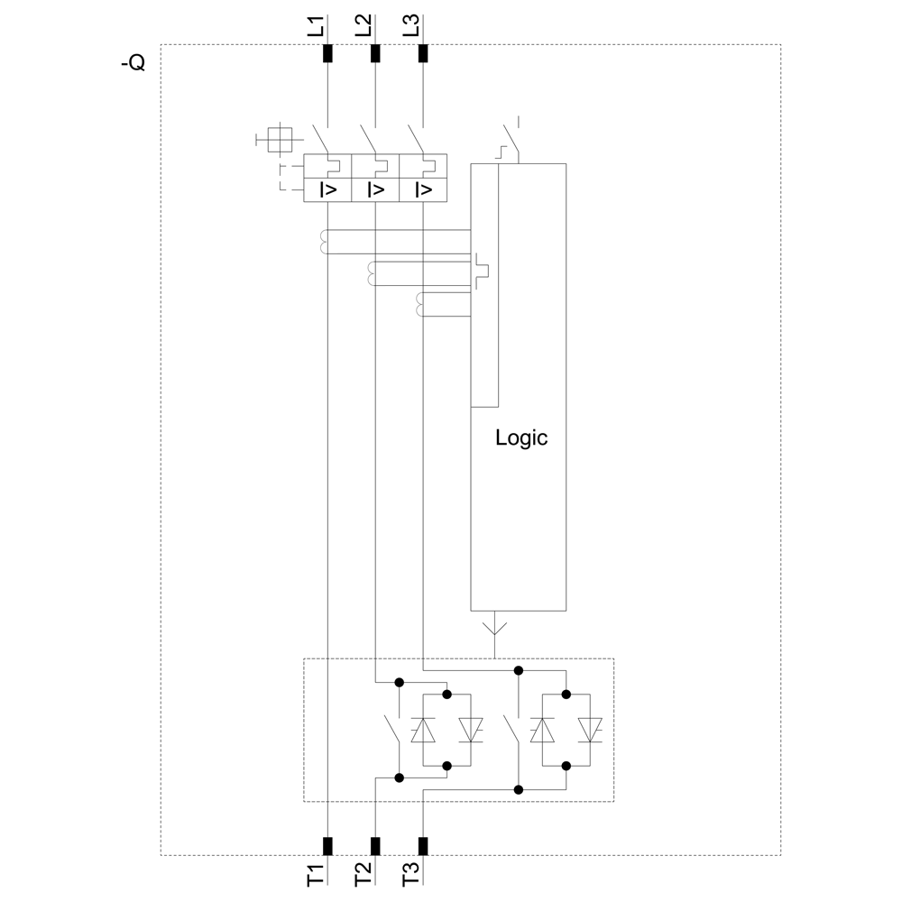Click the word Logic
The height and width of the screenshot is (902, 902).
521,438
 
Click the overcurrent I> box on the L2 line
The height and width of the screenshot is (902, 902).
375,189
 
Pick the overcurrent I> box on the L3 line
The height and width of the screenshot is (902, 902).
422,189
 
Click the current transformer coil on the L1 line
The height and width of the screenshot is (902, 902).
322,242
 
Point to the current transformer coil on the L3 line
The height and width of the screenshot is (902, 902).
418,306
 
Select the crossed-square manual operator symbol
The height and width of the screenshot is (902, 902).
280,139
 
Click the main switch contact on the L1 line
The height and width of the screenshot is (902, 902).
320,138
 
